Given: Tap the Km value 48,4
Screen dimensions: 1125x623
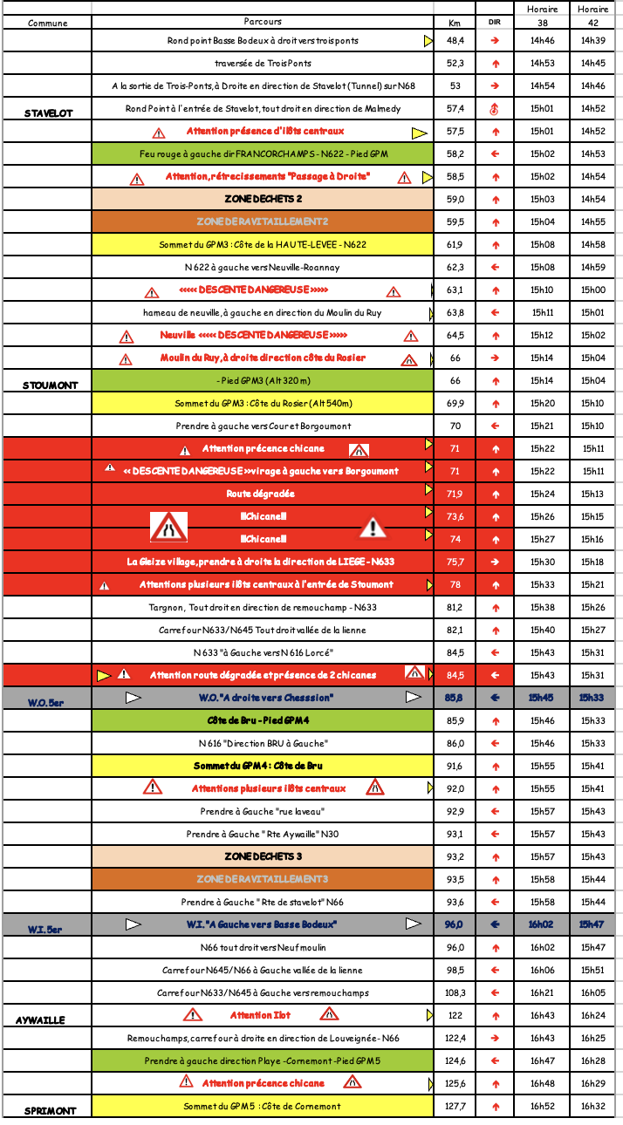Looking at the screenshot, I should point(455,41).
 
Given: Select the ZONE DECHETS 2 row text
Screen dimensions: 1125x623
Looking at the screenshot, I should point(263,200).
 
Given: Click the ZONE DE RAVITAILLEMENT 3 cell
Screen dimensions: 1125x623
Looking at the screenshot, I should point(263,878).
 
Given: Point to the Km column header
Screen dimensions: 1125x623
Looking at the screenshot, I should point(454,23).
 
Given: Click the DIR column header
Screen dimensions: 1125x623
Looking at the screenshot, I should point(495,23).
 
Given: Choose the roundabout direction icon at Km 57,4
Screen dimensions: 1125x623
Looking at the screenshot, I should point(495,109).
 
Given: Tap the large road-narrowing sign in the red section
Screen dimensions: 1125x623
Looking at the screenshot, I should point(168,527).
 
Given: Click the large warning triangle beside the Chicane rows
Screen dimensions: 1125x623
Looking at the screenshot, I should point(373,527).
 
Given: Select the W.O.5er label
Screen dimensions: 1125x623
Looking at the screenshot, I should point(44,702).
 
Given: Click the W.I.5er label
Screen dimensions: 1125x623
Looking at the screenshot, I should point(44,929).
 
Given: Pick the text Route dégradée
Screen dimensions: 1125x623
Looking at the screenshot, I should point(263,494).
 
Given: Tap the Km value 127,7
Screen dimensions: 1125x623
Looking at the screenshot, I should point(455,1106).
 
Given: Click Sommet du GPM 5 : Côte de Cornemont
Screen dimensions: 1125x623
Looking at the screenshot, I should point(263,1106).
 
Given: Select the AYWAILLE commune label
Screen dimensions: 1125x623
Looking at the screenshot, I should point(40,1019).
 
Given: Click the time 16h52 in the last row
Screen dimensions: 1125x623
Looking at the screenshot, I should point(542,1106).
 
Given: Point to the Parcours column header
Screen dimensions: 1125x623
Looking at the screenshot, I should point(263,22).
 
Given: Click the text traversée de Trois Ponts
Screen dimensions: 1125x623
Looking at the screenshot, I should point(263,64).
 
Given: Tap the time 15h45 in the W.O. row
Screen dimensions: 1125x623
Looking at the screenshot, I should point(542,698).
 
